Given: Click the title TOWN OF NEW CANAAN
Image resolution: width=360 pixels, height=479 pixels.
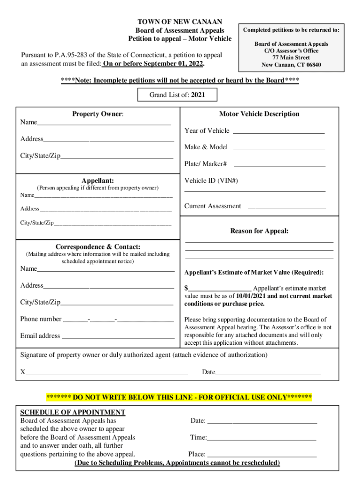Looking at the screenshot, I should pyautogui.click(x=180, y=22).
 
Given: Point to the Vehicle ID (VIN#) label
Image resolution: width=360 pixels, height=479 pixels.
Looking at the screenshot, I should pyautogui.click(x=211, y=181).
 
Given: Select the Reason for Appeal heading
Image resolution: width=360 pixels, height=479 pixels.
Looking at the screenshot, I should pyautogui.click(x=259, y=231).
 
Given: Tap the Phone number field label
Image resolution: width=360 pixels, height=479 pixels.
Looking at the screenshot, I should pyautogui.click(x=41, y=319).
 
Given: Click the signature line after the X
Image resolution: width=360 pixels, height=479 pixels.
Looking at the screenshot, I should pyautogui.click(x=107, y=373).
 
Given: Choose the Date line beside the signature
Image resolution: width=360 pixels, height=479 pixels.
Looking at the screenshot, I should pyautogui.click(x=268, y=373).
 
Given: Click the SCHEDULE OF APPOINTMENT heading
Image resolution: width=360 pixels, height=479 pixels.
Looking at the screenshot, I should pyautogui.click(x=72, y=412).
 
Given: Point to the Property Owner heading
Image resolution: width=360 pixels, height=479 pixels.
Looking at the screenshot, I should pyautogui.click(x=98, y=114).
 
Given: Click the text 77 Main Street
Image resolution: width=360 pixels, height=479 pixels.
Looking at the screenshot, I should pyautogui.click(x=291, y=58).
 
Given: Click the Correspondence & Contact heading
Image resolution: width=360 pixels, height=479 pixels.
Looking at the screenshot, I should pyautogui.click(x=98, y=247).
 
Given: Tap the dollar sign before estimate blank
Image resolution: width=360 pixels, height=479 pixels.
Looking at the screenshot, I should pyautogui.click(x=186, y=288).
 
